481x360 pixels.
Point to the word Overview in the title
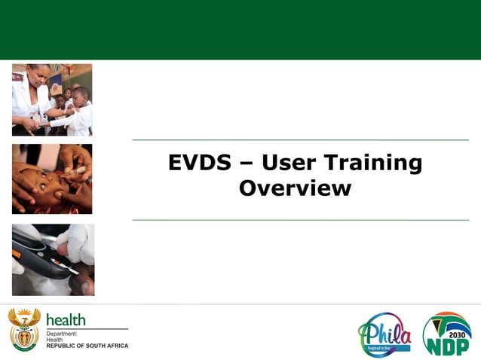tap(295, 188)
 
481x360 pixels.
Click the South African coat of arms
tap(24, 330)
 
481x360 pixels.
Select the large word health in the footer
tap(66, 320)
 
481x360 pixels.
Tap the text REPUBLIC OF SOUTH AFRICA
tap(87, 346)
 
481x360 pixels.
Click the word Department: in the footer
tap(63, 333)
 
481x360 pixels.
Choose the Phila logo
tap(385, 334)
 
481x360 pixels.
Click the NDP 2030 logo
tap(446, 334)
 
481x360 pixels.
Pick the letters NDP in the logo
tap(446, 346)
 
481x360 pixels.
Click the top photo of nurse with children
tap(52, 99)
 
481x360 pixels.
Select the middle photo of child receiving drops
tap(52, 179)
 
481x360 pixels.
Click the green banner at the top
tap(240, 30)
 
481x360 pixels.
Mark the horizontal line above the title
tap(300, 140)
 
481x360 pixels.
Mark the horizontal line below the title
tap(300, 220)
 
